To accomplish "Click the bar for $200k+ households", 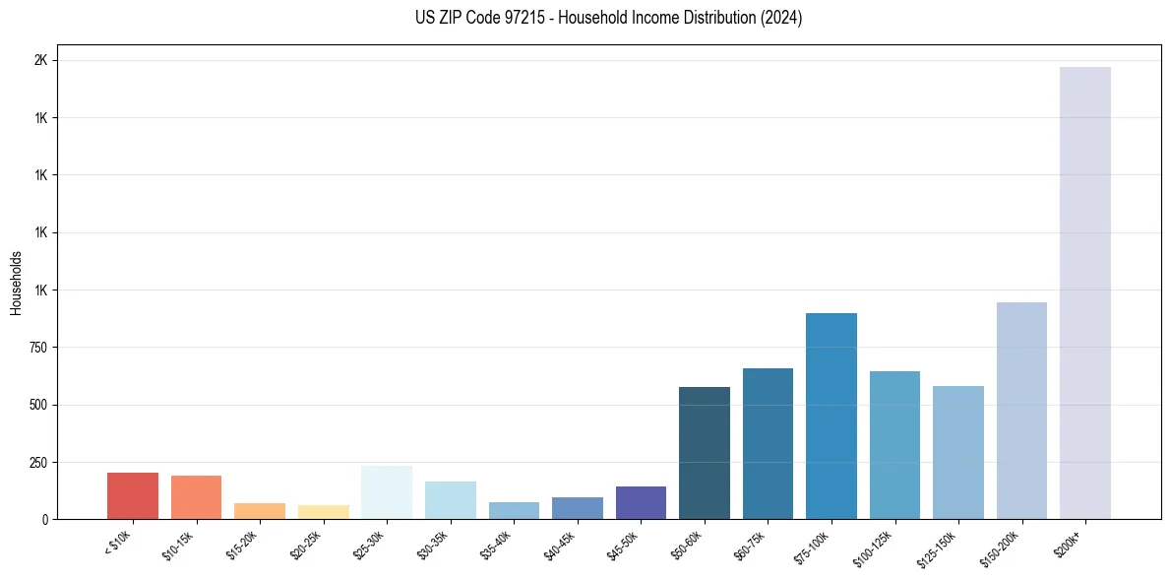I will (1084, 292).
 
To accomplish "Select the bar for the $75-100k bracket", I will (831, 416).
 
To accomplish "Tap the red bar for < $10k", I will (133, 495).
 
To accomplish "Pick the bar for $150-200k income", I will (1021, 411).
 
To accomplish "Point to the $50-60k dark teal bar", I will (704, 453).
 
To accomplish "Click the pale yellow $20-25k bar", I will (323, 512).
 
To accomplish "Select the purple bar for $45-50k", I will (641, 502).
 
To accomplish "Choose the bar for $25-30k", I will (387, 492).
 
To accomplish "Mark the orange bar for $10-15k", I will (196, 497).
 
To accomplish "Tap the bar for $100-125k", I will (894, 445).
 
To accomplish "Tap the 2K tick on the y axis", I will (40, 60).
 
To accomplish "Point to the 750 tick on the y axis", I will (37, 348).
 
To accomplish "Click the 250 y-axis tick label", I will (37, 462).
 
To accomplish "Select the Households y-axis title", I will (16, 283).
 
